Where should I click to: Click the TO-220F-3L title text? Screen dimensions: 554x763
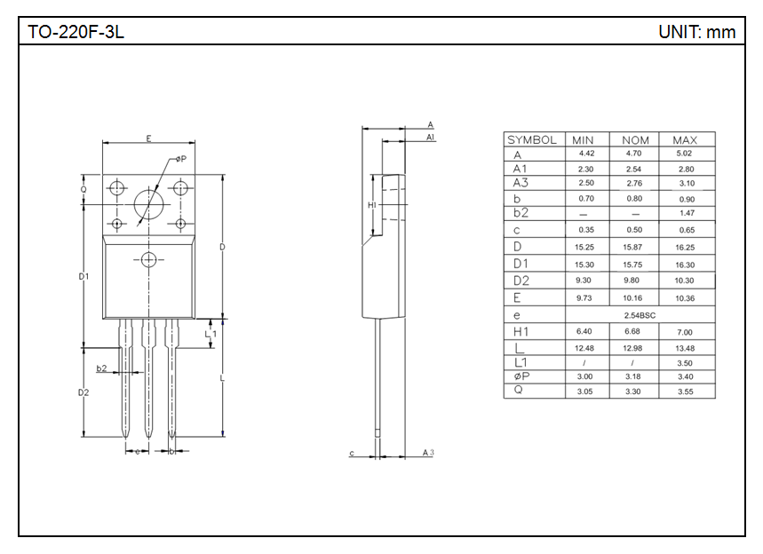click(76, 32)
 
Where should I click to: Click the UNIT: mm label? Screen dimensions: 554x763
click(696, 32)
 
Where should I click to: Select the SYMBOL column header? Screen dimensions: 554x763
click(532, 140)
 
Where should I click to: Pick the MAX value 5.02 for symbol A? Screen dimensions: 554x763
click(685, 154)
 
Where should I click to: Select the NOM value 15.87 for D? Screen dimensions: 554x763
click(632, 248)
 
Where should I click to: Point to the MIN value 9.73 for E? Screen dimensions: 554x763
click(584, 298)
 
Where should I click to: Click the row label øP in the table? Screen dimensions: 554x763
click(522, 376)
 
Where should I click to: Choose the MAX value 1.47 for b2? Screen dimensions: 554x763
click(686, 213)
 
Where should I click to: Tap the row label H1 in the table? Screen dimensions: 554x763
click(521, 331)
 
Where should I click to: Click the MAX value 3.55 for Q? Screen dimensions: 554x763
click(685, 392)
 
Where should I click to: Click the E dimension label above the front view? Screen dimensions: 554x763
click(148, 138)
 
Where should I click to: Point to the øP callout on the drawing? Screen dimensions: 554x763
click(180, 159)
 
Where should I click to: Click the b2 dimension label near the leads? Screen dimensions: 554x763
click(102, 368)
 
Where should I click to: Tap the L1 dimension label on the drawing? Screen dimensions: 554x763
click(211, 334)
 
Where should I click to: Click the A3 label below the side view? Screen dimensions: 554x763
click(428, 453)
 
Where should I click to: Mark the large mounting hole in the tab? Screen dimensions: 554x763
click(149, 205)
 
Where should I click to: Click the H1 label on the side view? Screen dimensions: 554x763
click(372, 205)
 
